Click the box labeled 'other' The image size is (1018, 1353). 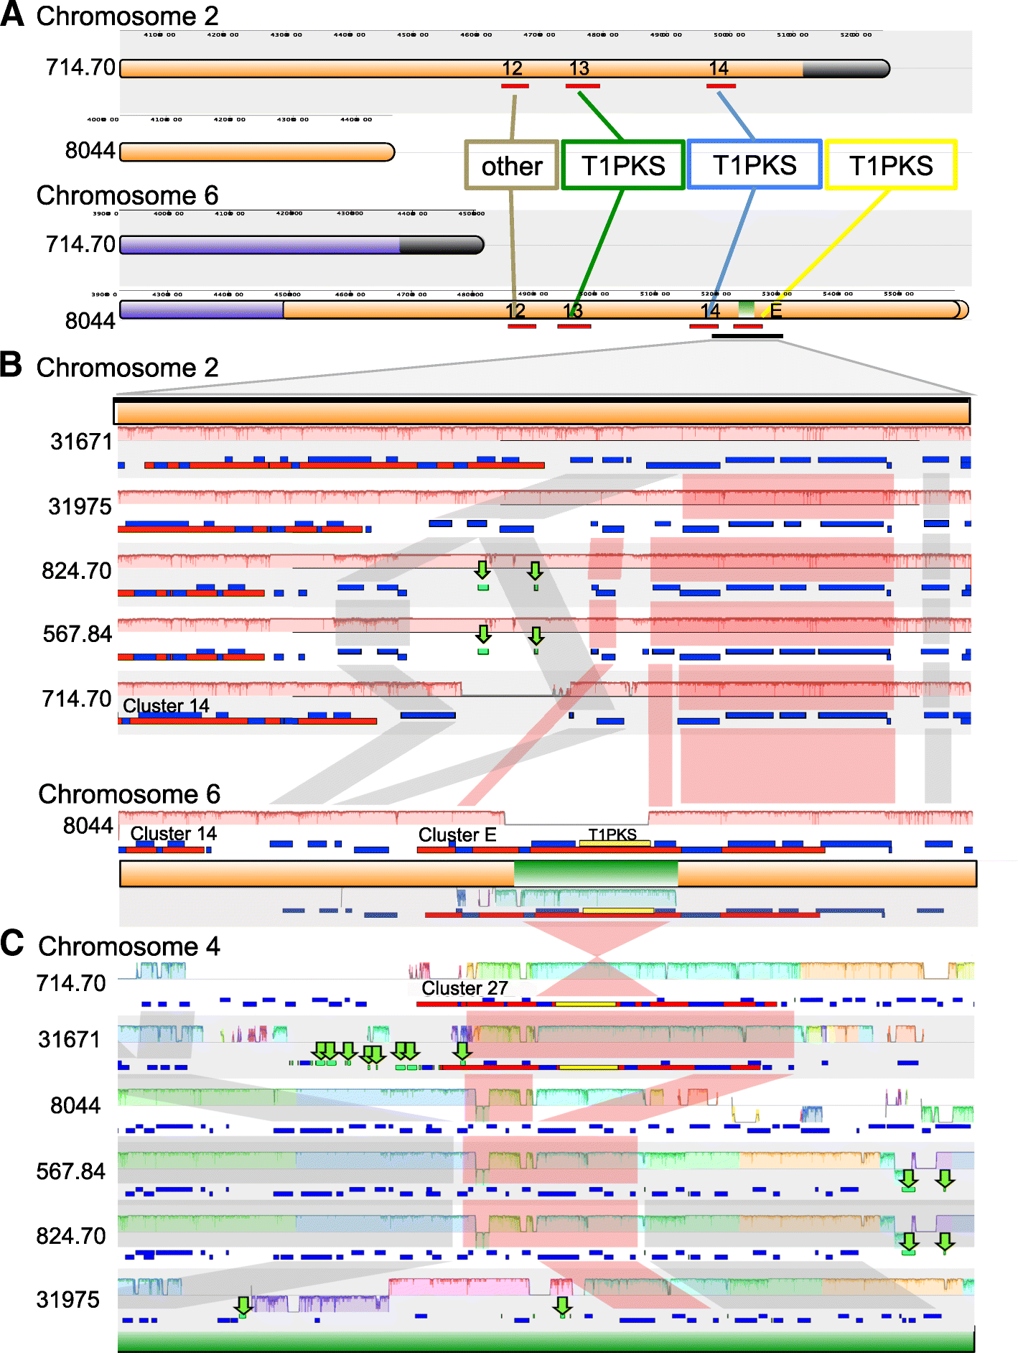(x=511, y=166)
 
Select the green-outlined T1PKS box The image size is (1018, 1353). (x=622, y=166)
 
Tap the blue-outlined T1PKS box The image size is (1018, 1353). (x=755, y=165)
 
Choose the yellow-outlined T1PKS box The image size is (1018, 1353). (x=891, y=166)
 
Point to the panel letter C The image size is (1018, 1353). (x=12, y=943)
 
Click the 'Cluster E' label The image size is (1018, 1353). (x=457, y=834)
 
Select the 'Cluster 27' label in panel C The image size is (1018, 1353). (x=464, y=988)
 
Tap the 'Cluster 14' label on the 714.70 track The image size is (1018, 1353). (x=166, y=706)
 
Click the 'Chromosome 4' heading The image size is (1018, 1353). (x=129, y=947)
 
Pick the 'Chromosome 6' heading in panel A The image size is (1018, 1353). (x=127, y=195)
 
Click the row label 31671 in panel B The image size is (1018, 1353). (x=81, y=442)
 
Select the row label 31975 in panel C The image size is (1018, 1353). (x=68, y=1299)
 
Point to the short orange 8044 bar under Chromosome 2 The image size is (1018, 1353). (x=257, y=152)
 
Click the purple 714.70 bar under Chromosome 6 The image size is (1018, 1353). (x=302, y=245)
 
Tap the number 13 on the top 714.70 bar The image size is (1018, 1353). (x=579, y=69)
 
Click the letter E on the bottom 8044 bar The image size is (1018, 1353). (x=776, y=310)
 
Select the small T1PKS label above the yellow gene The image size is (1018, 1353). (x=612, y=834)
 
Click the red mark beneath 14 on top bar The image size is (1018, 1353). (x=721, y=86)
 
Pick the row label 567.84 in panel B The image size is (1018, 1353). (x=78, y=634)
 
